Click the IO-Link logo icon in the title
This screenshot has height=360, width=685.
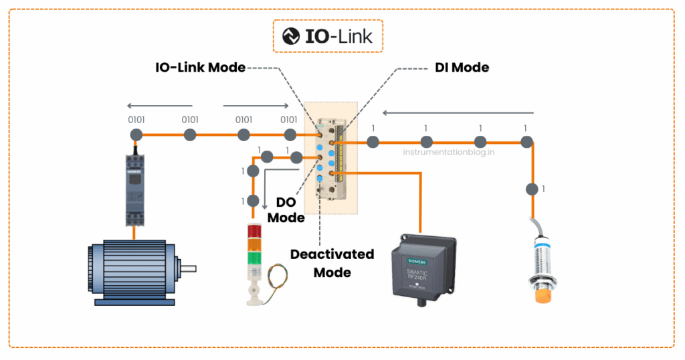point(291,36)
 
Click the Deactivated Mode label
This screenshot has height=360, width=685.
point(332,263)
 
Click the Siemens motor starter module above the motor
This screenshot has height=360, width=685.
point(134,191)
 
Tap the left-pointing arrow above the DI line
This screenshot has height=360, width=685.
point(458,112)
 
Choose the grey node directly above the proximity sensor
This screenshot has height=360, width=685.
point(532,189)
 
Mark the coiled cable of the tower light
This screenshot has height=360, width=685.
point(278,278)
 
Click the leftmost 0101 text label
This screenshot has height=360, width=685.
point(136,120)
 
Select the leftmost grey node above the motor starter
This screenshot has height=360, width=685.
point(136,135)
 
